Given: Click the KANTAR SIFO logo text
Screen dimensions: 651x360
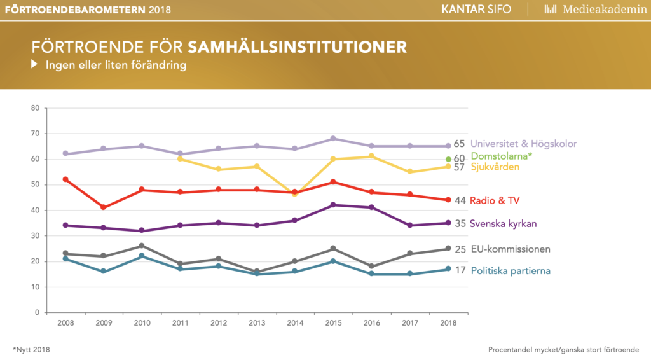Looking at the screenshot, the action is pyautogui.click(x=476, y=9).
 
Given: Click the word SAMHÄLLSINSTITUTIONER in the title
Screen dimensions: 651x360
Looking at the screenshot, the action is pyautogui.click(x=298, y=46).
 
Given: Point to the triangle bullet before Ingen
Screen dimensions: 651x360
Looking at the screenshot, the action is pyautogui.click(x=34, y=64).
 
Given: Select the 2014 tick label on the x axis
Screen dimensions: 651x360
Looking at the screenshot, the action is pyautogui.click(x=295, y=323).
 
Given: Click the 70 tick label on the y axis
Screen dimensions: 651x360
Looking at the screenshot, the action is pyautogui.click(x=35, y=134).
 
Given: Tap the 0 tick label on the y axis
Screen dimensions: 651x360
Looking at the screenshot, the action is pyautogui.click(x=37, y=313).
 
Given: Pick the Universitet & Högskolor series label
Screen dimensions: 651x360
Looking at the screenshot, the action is pyautogui.click(x=524, y=144).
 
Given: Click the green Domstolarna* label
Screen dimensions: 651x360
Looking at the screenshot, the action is pyautogui.click(x=501, y=156).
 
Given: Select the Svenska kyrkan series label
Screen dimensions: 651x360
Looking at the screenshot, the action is pyautogui.click(x=504, y=224).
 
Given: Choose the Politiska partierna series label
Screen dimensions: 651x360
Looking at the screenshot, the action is pyautogui.click(x=511, y=271).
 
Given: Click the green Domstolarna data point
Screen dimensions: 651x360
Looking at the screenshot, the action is pyautogui.click(x=448, y=159).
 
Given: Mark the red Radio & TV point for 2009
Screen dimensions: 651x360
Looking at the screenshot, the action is pyautogui.click(x=104, y=207).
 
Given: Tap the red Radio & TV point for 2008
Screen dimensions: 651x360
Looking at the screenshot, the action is pyautogui.click(x=65, y=179).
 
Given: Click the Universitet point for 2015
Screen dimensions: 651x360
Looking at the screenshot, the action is pyautogui.click(x=333, y=139).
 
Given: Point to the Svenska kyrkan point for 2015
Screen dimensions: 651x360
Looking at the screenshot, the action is pyautogui.click(x=333, y=205).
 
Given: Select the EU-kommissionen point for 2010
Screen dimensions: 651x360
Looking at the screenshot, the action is pyautogui.click(x=142, y=246).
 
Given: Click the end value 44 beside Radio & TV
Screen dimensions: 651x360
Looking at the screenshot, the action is pyautogui.click(x=460, y=200).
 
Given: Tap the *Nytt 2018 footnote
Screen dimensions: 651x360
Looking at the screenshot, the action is pyautogui.click(x=31, y=350).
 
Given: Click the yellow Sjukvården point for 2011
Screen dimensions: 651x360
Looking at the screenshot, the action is pyautogui.click(x=180, y=159).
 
